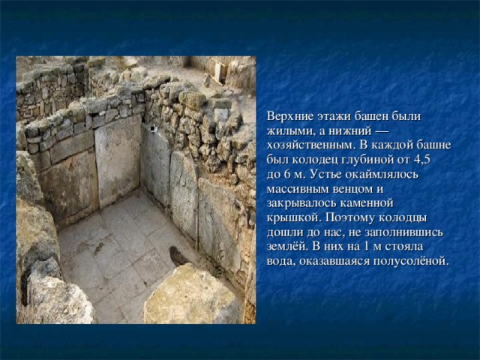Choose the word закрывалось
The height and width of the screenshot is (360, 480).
300,202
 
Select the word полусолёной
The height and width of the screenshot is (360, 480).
410,260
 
